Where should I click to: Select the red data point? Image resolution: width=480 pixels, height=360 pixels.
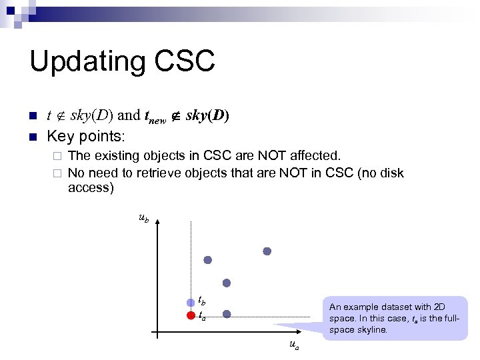click(x=191, y=315)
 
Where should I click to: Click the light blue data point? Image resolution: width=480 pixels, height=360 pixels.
click(x=191, y=303)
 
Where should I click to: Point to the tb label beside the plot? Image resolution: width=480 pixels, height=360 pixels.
click(x=201, y=301)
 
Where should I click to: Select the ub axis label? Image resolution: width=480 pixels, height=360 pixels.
click(x=143, y=217)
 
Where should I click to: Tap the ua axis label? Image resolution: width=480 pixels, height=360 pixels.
click(x=294, y=345)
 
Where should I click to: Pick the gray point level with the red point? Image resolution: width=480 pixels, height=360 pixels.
click(x=227, y=313)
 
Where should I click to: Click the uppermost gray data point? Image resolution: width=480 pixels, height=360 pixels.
click(x=267, y=251)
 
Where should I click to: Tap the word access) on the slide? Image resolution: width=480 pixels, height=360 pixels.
click(x=91, y=188)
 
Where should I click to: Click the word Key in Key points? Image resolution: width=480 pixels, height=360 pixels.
click(x=59, y=137)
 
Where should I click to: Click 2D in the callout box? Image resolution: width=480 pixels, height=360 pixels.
click(x=438, y=307)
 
